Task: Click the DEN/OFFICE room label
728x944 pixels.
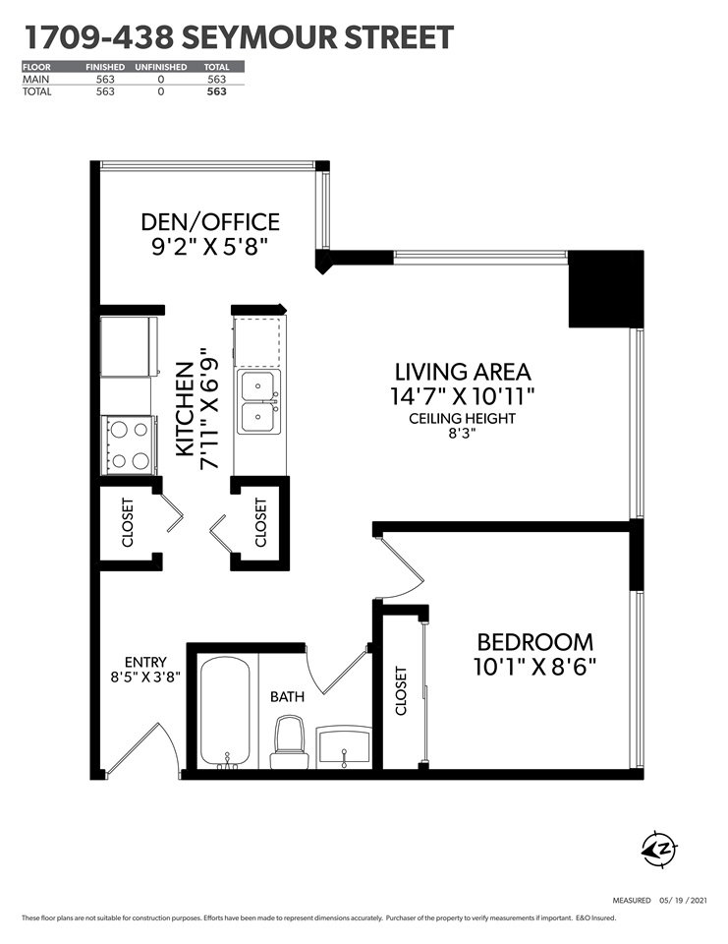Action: pos(210,221)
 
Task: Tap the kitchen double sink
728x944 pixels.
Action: pos(259,401)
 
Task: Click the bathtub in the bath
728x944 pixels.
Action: pos(224,713)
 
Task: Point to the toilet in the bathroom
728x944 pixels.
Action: pos(290,742)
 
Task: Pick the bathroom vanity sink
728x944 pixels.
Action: pos(344,746)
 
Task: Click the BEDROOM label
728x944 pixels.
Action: pos(534,642)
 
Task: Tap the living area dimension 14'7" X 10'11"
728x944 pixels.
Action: pos(462,396)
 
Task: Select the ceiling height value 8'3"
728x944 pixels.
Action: pos(462,434)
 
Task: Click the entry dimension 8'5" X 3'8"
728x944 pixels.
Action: pos(145,677)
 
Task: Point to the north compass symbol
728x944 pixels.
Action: pos(659,850)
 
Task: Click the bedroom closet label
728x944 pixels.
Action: pos(401,690)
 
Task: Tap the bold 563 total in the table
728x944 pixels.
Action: pos(216,91)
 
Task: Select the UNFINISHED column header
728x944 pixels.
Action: pos(161,67)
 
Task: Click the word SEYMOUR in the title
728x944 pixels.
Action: pos(261,36)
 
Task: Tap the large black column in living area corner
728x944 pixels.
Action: pos(606,289)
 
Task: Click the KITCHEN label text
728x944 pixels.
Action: pos(186,409)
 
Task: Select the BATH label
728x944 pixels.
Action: pos(287,696)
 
